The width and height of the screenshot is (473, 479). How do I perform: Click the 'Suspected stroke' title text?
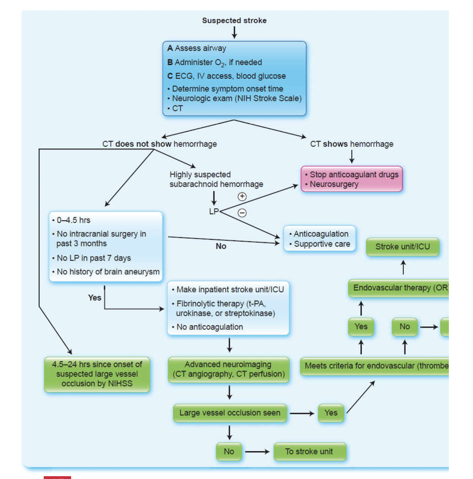(234, 20)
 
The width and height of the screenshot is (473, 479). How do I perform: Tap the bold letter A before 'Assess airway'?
(170, 48)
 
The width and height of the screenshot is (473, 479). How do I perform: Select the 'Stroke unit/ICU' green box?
(403, 246)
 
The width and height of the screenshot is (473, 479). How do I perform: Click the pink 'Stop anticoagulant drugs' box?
(352, 179)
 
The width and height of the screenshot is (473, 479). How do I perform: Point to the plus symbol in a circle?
(242, 197)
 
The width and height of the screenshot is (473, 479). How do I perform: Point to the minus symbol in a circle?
(242, 213)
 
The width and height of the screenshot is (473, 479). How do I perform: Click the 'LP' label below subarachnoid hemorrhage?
(214, 211)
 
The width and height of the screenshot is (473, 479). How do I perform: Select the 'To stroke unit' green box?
(309, 451)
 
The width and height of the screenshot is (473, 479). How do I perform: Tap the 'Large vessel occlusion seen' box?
(230, 413)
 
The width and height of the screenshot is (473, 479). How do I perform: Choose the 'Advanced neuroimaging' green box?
(229, 369)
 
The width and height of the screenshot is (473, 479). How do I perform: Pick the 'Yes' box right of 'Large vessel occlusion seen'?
(331, 413)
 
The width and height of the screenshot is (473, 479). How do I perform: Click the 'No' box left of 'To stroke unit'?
(229, 451)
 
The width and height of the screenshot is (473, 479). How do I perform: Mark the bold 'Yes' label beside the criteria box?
(94, 298)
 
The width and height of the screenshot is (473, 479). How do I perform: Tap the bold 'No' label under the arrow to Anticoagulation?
(221, 246)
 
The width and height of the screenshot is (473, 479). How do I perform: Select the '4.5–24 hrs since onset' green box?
(97, 374)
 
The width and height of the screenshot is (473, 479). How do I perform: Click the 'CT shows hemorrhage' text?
(352, 144)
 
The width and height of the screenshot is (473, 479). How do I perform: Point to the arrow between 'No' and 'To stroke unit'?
(257, 452)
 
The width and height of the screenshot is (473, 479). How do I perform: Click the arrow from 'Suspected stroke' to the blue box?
(234, 32)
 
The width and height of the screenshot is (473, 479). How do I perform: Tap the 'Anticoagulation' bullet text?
(321, 234)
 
